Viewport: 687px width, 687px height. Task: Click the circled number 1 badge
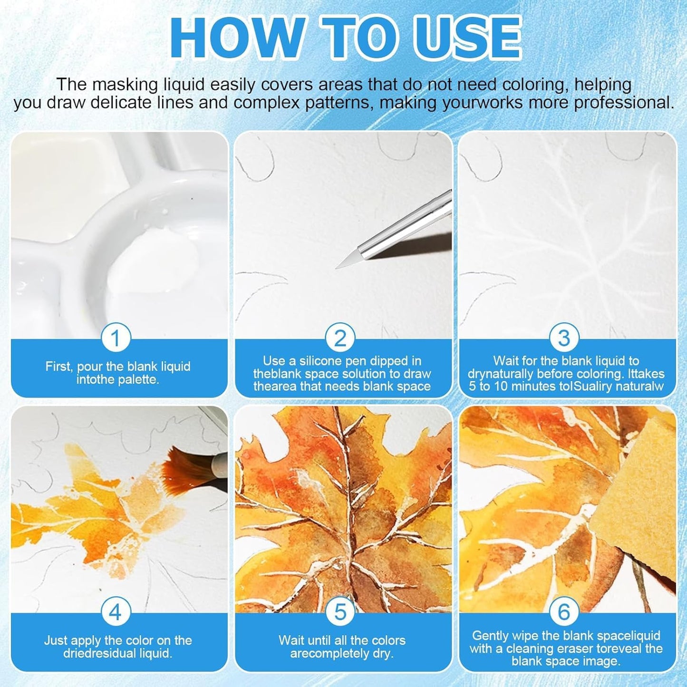click(x=116, y=338)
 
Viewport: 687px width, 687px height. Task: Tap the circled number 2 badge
click(x=340, y=338)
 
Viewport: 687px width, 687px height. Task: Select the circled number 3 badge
click(x=564, y=338)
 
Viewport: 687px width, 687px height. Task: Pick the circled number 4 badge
click(x=116, y=612)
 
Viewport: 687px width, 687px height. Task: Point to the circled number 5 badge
click(x=340, y=612)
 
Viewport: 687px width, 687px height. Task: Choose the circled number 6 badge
click(x=564, y=612)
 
